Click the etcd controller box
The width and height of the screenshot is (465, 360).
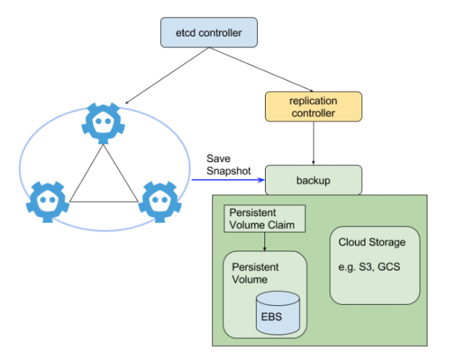(x=208, y=33)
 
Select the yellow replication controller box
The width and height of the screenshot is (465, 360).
(x=313, y=107)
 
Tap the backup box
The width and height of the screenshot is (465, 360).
(x=313, y=180)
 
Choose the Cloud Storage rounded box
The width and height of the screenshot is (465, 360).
(x=374, y=265)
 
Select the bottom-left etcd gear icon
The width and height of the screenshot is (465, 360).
(x=47, y=201)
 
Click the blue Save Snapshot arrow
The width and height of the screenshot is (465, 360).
(x=228, y=180)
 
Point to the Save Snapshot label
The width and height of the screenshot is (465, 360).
(x=229, y=164)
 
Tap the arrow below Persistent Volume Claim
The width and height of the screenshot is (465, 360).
(x=264, y=242)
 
